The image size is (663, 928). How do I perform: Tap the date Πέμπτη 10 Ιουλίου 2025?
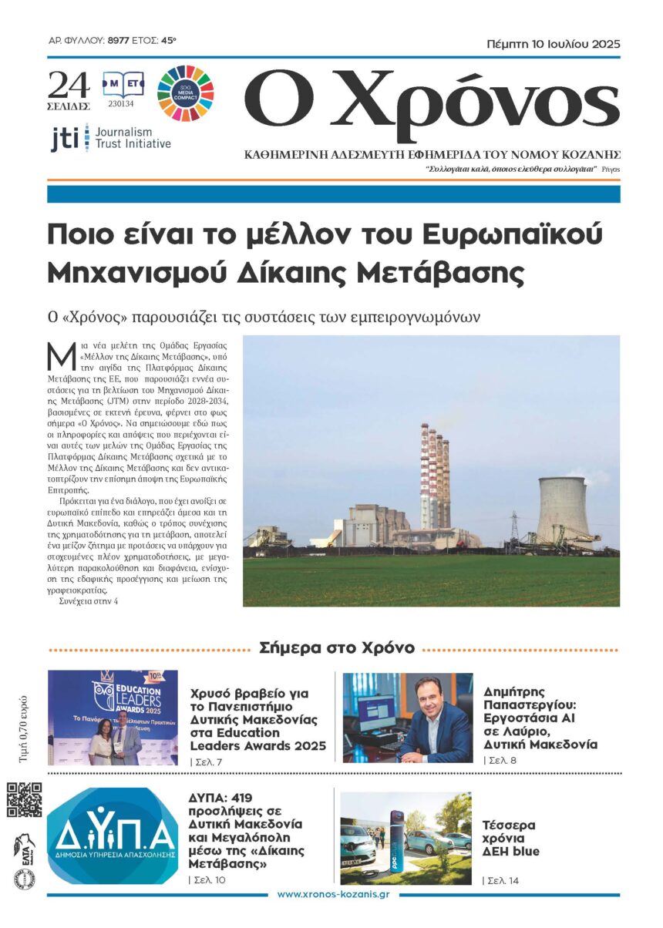click(x=554, y=44)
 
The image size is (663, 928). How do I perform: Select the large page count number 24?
click(x=68, y=83)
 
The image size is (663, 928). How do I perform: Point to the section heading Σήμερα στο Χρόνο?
click(x=337, y=647)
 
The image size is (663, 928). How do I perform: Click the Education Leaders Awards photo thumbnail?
click(x=113, y=718)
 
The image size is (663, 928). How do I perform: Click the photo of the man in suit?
click(x=408, y=718)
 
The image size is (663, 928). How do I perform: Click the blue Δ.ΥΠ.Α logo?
click(x=113, y=836)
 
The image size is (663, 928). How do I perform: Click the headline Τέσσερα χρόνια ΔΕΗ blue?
click(x=510, y=838)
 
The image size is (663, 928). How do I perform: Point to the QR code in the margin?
click(x=25, y=799)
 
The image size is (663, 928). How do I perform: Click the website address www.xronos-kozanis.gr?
click(x=333, y=894)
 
